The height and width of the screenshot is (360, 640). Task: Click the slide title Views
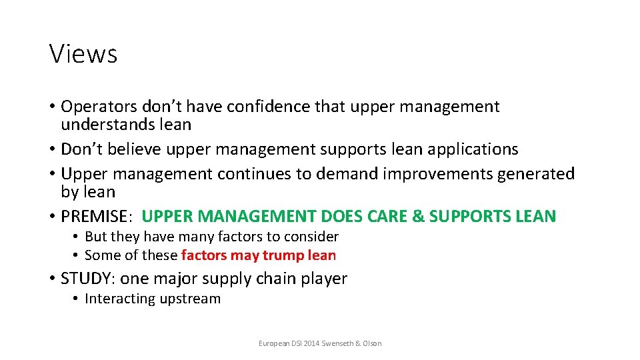(x=83, y=53)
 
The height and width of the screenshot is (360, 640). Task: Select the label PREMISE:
(x=98, y=217)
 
